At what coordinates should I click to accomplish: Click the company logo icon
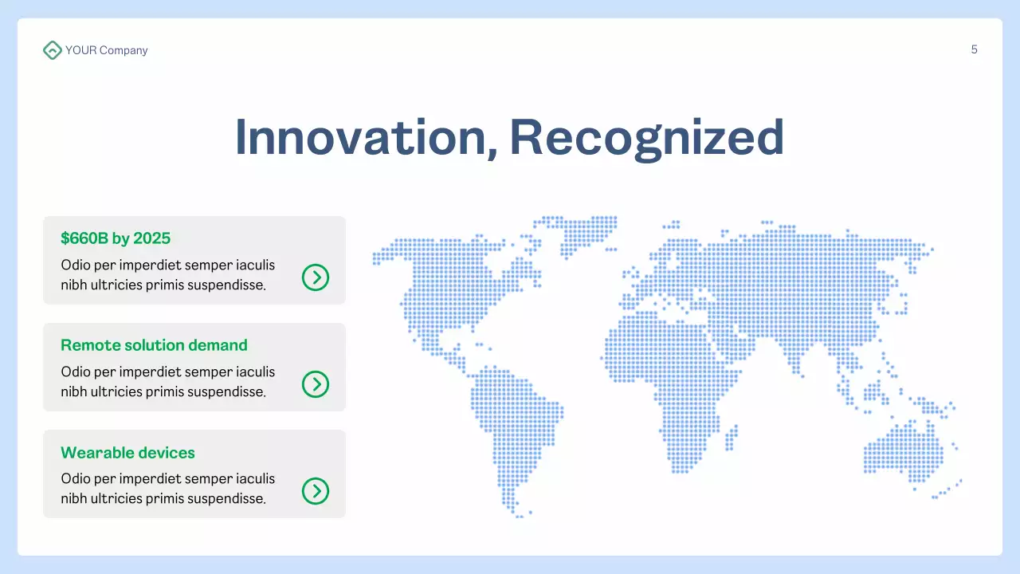[52, 50]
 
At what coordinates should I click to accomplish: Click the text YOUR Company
[106, 50]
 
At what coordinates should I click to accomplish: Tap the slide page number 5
[974, 49]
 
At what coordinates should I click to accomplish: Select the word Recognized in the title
[646, 137]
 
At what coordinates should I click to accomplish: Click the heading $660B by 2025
[116, 238]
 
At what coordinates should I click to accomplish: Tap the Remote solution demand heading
[154, 345]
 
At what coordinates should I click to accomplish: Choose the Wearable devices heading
[127, 453]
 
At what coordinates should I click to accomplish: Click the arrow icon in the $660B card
[316, 277]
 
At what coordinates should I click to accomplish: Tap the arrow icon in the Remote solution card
[316, 384]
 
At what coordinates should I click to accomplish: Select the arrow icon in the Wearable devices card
[316, 491]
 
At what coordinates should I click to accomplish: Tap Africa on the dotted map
[669, 383]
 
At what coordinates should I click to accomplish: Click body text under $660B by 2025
[167, 275]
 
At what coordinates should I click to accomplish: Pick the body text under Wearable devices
[167, 489]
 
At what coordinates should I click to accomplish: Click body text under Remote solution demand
[167, 382]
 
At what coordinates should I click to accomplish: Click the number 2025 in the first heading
[151, 238]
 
